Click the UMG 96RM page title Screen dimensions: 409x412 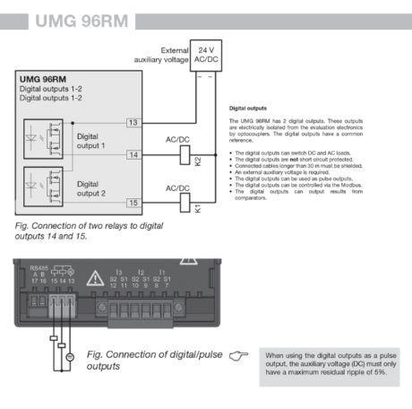tap(76, 19)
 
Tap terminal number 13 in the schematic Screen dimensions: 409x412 tap(133, 121)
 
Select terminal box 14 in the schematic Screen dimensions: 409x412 tap(133, 154)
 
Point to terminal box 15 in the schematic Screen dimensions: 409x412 tap(133, 204)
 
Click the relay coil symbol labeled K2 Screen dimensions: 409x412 tap(184, 154)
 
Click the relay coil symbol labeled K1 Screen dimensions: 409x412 tap(184, 204)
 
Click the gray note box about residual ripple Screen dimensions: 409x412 tap(330, 368)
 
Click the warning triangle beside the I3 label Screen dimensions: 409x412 tap(94, 278)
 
